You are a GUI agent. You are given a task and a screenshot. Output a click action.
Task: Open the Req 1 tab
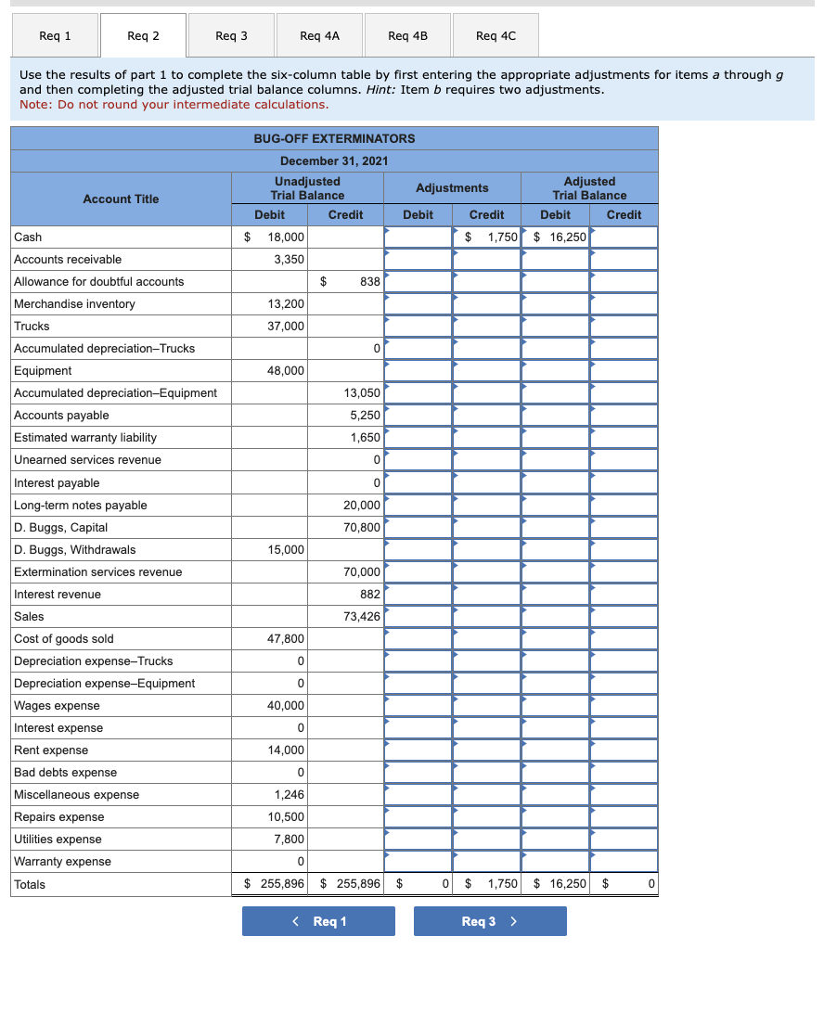click(x=56, y=36)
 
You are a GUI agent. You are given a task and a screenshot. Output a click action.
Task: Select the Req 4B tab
click(x=407, y=36)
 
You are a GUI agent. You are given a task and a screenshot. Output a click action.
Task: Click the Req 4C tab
click(x=496, y=36)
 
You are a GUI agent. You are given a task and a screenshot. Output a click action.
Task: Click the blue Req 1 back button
click(x=318, y=921)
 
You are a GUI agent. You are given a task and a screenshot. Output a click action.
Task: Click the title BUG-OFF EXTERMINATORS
click(x=334, y=138)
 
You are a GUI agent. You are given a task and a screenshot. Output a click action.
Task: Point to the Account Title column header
click(x=121, y=199)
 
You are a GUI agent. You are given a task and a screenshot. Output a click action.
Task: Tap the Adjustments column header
click(x=452, y=187)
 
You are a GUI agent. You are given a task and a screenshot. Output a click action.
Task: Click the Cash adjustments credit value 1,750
click(x=502, y=237)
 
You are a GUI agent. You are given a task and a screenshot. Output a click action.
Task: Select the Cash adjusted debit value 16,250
click(x=566, y=237)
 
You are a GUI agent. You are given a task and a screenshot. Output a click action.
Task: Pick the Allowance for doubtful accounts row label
click(x=99, y=282)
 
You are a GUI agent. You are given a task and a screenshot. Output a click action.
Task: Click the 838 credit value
click(x=369, y=282)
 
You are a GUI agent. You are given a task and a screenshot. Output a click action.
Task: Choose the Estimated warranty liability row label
click(x=85, y=438)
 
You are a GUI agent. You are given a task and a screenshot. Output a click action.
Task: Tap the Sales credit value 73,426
click(x=362, y=617)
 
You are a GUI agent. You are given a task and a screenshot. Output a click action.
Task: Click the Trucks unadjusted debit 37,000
click(x=287, y=327)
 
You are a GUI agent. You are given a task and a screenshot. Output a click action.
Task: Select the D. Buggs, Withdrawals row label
click(x=75, y=550)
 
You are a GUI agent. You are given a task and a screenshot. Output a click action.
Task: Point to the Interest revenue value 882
click(x=369, y=595)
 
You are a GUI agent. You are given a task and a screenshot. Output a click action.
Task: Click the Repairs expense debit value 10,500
click(x=287, y=817)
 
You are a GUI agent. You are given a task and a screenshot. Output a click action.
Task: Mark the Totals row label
click(x=30, y=885)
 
